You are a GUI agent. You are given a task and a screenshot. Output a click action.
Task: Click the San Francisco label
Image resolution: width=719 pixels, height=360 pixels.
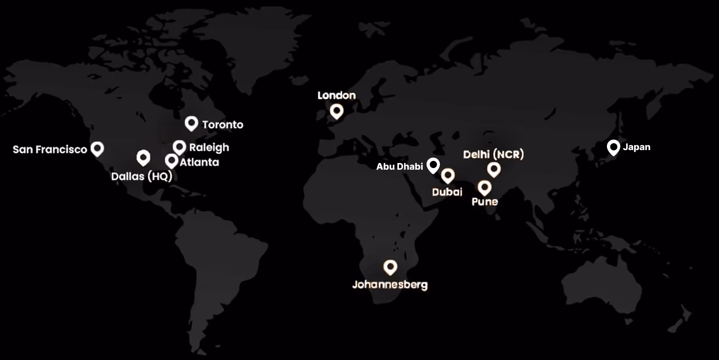click(50, 149)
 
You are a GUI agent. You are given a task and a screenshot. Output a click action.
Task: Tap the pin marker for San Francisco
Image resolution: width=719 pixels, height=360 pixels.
click(97, 148)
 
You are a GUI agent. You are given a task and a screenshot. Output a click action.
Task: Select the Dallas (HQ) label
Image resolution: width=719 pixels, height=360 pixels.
click(142, 177)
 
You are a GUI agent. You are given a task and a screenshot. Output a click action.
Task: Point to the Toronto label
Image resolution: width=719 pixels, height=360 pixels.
click(223, 125)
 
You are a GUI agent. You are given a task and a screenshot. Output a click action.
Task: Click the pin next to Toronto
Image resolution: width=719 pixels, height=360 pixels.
click(191, 123)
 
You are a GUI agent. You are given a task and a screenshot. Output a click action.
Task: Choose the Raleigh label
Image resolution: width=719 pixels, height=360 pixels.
click(209, 147)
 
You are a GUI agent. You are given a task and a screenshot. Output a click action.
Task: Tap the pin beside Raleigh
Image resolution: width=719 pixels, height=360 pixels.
click(179, 147)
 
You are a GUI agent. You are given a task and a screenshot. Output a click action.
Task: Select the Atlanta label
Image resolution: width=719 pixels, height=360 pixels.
click(199, 162)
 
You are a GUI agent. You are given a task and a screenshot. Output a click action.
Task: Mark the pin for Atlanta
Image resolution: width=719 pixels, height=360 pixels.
click(171, 161)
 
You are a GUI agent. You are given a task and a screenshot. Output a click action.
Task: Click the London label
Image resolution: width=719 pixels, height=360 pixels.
click(337, 95)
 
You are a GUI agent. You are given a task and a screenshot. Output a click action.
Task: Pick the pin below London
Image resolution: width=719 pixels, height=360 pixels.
click(337, 111)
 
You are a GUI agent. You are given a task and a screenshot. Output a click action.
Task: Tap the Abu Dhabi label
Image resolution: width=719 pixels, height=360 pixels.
click(399, 166)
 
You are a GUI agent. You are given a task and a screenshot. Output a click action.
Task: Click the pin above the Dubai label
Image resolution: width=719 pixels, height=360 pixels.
click(448, 176)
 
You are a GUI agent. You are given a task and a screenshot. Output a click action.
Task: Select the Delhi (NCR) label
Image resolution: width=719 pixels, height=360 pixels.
click(493, 154)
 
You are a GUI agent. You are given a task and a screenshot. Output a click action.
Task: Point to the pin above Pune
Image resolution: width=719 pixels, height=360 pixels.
click(484, 187)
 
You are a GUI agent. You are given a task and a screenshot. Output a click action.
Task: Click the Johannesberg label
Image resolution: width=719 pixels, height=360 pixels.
click(390, 285)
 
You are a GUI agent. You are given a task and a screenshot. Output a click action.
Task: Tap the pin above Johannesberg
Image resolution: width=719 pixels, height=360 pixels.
click(390, 267)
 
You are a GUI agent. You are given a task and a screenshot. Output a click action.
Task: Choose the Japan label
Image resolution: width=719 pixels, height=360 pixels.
click(636, 147)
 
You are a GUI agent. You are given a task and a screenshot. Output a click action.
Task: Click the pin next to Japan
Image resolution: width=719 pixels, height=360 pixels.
click(613, 147)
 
